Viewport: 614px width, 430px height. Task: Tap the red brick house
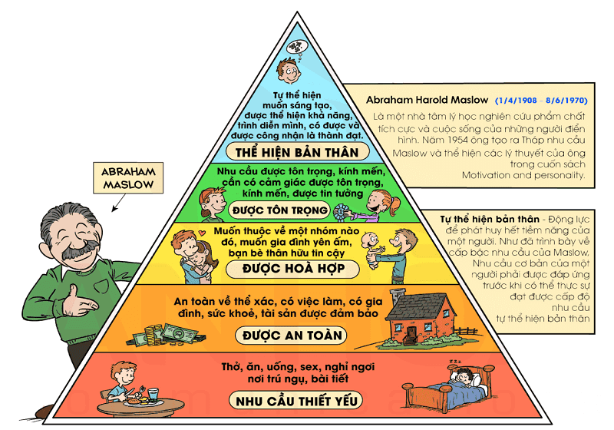418,314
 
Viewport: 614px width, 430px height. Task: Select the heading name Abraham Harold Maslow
427,100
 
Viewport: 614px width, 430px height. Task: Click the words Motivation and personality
523,175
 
